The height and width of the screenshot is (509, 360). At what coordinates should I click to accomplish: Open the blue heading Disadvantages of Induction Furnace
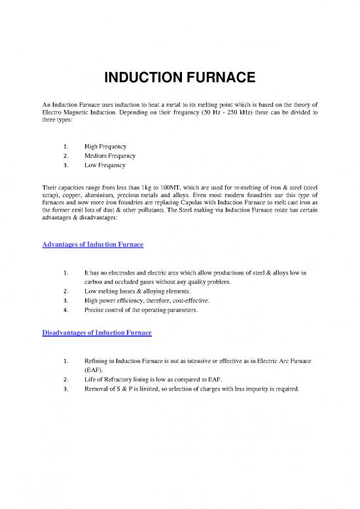pyautogui.click(x=97, y=333)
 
